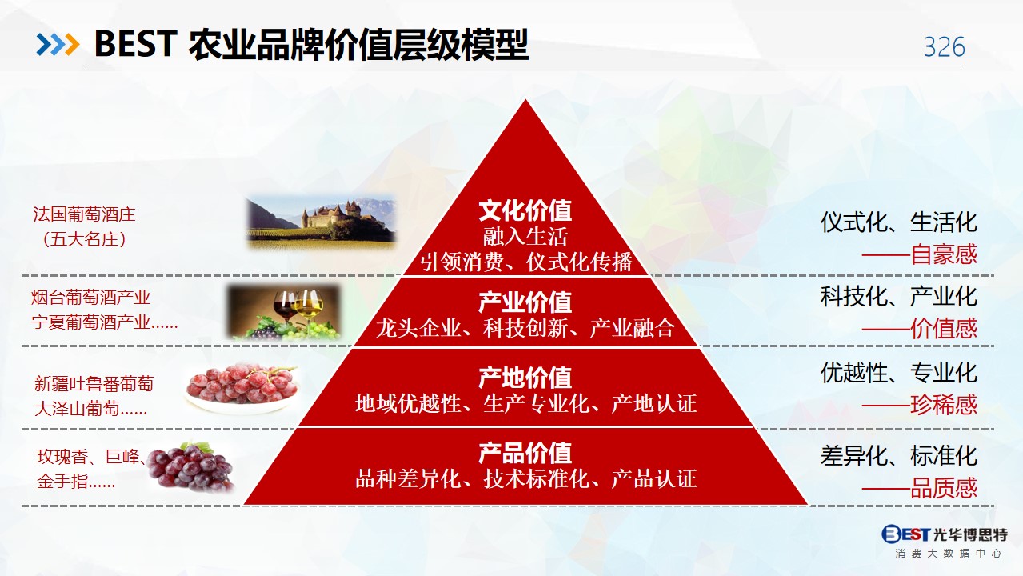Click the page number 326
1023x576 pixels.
pyautogui.click(x=945, y=46)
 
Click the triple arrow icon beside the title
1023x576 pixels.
pyautogui.click(x=58, y=45)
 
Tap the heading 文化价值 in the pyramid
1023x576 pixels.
pyautogui.click(x=525, y=210)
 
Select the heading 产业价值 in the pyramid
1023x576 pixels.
pyautogui.click(x=525, y=302)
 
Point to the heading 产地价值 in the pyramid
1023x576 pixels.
pyautogui.click(x=525, y=378)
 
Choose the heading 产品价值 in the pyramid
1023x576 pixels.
pyautogui.click(x=525, y=453)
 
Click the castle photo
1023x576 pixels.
pyautogui.click(x=321, y=222)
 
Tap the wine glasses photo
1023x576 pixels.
pyautogui.click(x=284, y=313)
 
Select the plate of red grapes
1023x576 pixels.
pyautogui.click(x=242, y=388)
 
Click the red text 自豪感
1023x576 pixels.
pyautogui.click(x=944, y=254)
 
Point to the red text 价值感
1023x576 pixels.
pyautogui.click(x=944, y=329)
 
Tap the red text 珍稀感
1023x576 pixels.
pyautogui.click(x=944, y=405)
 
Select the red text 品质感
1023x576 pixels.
pyautogui.click(x=944, y=488)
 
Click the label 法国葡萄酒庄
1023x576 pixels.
pyautogui.click(x=84, y=214)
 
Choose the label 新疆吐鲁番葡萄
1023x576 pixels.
pyautogui.click(x=94, y=384)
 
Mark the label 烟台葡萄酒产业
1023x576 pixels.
pyautogui.click(x=91, y=298)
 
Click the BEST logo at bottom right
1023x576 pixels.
pyautogui.click(x=945, y=534)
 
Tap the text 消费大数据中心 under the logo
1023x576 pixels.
pyautogui.click(x=948, y=554)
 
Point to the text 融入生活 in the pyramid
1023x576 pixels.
pyautogui.click(x=525, y=237)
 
